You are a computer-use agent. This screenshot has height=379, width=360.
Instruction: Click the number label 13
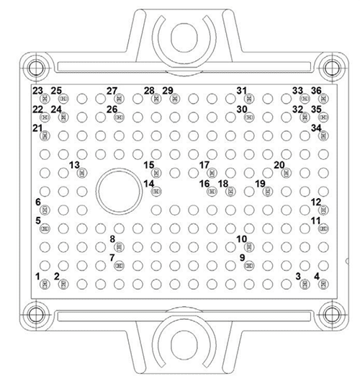73,165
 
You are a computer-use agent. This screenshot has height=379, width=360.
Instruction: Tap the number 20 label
279,165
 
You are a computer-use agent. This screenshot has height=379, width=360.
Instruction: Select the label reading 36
316,90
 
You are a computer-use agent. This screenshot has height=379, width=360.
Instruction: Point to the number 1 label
37,276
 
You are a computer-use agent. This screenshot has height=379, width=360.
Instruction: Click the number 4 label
318,276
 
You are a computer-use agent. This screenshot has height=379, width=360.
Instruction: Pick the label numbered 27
112,91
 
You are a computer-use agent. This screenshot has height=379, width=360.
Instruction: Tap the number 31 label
242,91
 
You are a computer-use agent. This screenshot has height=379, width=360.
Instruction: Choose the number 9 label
242,257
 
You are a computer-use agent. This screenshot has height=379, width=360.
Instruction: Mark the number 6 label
37,202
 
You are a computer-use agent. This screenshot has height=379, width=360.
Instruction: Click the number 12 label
315,202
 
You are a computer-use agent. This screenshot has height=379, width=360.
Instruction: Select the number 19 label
261,184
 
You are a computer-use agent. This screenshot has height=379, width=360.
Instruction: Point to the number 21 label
37,128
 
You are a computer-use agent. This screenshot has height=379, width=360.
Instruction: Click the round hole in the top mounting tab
180,34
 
